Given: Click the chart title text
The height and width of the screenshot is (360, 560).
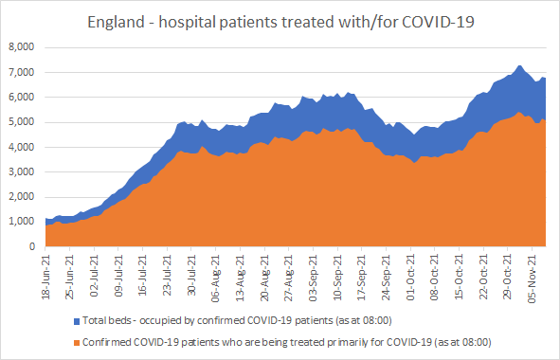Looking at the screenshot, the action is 280,22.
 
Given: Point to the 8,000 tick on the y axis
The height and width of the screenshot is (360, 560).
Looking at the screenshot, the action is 22,47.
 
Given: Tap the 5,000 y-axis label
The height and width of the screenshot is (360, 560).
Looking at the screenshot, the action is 22,122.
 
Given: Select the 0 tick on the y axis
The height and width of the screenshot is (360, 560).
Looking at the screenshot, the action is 32,246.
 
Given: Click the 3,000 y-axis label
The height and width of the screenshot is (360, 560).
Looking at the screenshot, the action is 22,171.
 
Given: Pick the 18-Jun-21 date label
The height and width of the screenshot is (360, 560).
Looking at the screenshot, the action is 46,277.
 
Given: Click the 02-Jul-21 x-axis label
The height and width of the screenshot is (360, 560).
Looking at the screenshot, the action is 95,276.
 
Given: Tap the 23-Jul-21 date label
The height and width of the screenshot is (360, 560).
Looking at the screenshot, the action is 168,276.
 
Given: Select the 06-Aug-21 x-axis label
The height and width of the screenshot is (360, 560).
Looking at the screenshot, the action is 216,279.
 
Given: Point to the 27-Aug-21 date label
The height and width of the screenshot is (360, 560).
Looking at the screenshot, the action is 289,278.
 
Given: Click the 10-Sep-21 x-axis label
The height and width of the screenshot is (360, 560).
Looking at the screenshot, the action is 337,278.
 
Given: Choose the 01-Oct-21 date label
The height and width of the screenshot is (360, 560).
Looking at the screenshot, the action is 410,278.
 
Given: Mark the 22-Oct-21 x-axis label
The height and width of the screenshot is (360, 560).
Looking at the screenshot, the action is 483,278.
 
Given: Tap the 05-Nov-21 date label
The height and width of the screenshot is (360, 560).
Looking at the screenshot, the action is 533,279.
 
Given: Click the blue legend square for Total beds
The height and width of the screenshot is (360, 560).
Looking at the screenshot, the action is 77,321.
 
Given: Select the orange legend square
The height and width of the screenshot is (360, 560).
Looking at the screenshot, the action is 77,343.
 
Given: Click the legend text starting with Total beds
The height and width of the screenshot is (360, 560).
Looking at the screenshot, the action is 237,321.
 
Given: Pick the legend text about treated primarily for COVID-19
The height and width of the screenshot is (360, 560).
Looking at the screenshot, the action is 287,343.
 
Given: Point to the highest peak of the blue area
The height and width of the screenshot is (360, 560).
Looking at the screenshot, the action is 519,65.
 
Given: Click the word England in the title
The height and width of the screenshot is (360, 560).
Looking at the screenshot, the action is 116,23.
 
